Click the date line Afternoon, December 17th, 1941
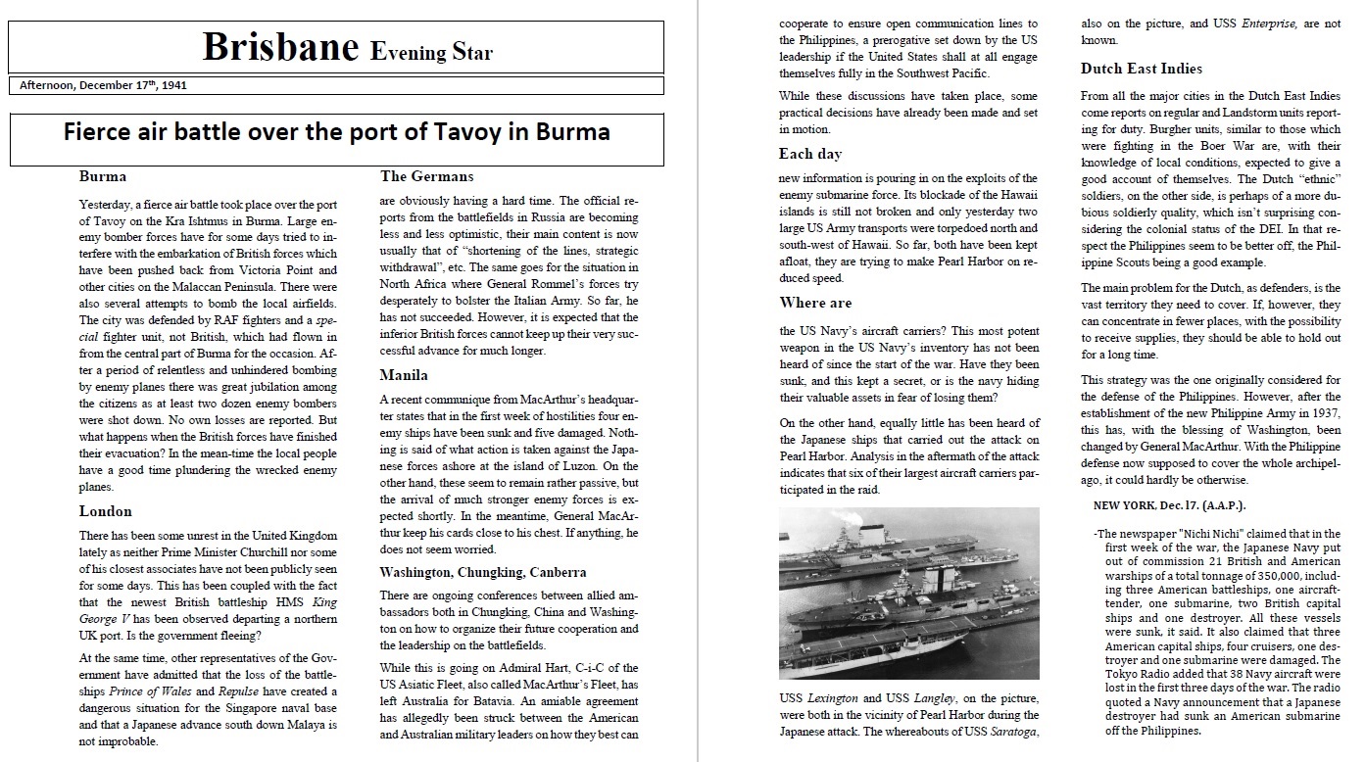103,85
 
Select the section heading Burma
102,177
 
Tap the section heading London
105,511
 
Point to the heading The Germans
426,177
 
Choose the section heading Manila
404,375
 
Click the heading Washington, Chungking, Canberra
483,572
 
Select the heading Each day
809,154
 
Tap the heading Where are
815,303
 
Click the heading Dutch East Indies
1141,69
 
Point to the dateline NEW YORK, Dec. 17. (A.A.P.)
1169,505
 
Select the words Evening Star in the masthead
431,52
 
